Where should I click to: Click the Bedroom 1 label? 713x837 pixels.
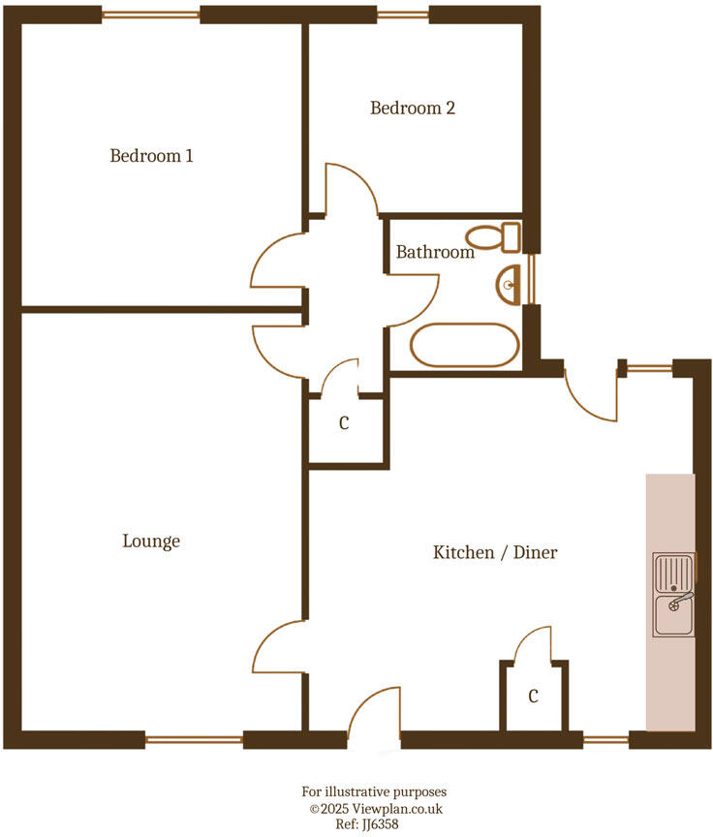(151, 155)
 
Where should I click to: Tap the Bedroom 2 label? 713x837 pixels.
(413, 108)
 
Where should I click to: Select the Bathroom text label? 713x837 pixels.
(435, 252)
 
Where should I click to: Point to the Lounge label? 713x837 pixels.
(151, 541)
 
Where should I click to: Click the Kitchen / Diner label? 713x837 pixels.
(495, 552)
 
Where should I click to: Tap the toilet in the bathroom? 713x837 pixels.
(494, 235)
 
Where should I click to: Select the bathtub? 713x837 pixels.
(465, 345)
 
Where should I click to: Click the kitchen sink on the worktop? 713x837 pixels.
(674, 595)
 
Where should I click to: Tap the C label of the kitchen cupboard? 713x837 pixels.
(533, 696)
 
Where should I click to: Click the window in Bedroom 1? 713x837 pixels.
(151, 15)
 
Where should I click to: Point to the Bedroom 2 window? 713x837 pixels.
(402, 15)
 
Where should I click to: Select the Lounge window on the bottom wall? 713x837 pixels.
(194, 739)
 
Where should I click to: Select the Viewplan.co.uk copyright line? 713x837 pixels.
(376, 808)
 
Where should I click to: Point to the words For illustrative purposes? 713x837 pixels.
(376, 791)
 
